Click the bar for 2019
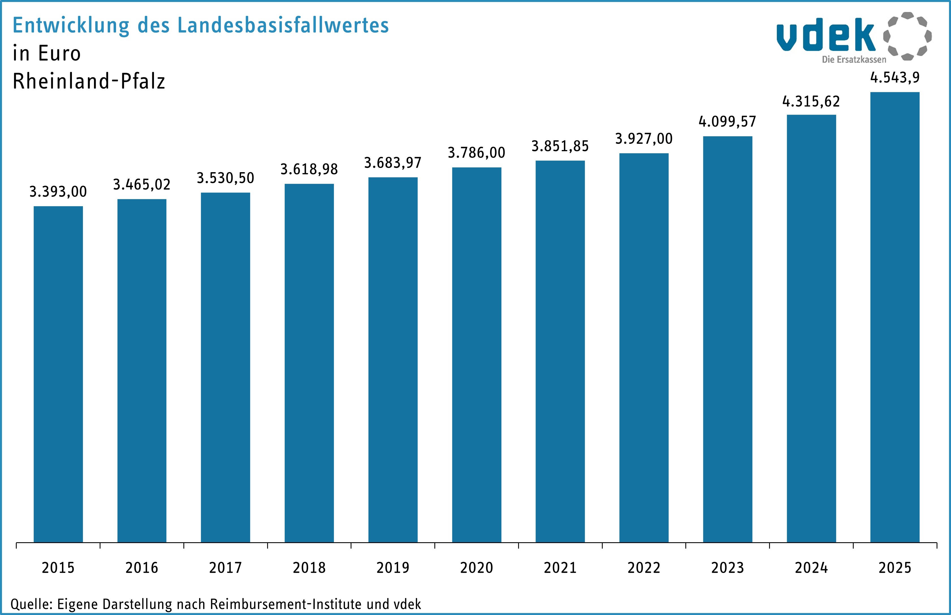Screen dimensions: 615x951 tap(393, 359)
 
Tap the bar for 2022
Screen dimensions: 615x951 tap(644, 347)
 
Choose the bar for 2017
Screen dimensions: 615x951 tap(226, 368)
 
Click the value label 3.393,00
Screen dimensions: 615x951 tap(58, 192)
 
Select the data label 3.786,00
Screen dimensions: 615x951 tap(476, 153)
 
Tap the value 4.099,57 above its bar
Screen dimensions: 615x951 tap(727, 121)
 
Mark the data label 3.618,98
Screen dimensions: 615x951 tap(309, 169)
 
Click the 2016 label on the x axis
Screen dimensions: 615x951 tap(142, 567)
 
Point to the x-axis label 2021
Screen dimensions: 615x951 tap(560, 567)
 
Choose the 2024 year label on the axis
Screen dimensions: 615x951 tap(811, 567)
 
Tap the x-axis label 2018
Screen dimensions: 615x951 tap(309, 567)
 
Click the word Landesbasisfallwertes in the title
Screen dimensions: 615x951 tap(283, 25)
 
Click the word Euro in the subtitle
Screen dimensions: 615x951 tap(59, 53)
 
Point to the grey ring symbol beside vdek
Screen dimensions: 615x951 tap(907, 36)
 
